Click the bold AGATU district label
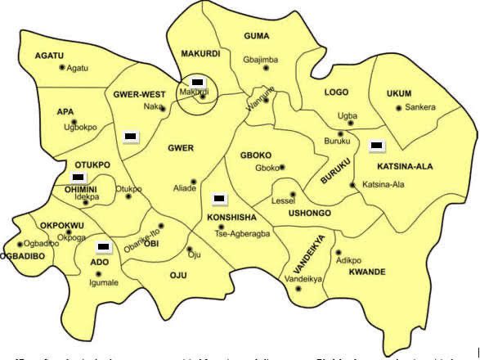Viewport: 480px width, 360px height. (49, 55)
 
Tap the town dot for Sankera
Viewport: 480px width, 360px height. (398, 107)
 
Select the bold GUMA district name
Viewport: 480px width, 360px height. (257, 36)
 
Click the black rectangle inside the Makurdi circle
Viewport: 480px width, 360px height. (197, 83)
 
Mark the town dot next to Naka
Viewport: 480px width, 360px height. (162, 107)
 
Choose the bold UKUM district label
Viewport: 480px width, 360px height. (399, 94)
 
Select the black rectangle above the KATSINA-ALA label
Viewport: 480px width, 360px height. (376, 146)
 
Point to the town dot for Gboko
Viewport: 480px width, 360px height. (282, 168)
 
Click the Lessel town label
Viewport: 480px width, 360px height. (283, 200)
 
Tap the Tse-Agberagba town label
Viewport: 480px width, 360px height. (241, 232)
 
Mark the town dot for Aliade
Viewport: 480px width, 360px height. (194, 181)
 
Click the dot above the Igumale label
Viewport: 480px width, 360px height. (100, 273)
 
